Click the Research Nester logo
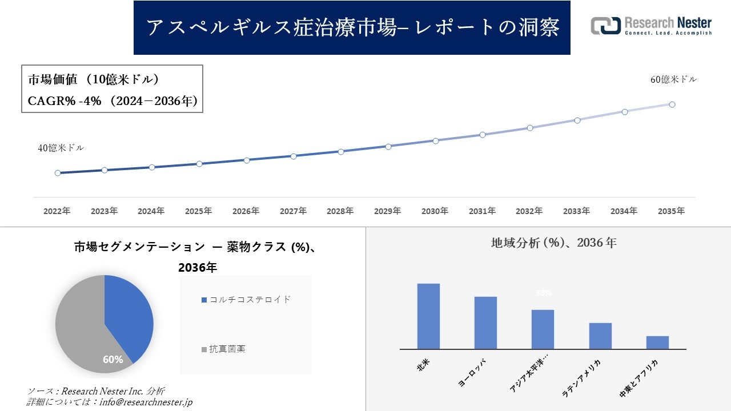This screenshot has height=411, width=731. tap(650, 26)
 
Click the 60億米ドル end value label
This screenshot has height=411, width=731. tap(673, 80)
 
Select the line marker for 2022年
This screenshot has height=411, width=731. tap(58, 173)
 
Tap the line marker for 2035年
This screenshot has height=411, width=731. tap(672, 104)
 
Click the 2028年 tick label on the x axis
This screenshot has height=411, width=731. tap(340, 211)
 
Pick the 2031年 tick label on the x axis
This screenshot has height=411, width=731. tap(482, 211)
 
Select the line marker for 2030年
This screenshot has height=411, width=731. tap(435, 140)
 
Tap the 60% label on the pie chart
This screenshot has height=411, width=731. tap(113, 359)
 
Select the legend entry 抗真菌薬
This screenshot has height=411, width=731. tap(227, 349)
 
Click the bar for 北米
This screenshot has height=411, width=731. tap(428, 316)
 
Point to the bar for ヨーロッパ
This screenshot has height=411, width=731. tap(485, 323)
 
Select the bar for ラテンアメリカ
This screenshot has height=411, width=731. tap(600, 336)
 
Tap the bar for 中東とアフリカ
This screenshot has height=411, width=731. tap(657, 342)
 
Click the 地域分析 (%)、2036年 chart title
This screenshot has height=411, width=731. tap(553, 243)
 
